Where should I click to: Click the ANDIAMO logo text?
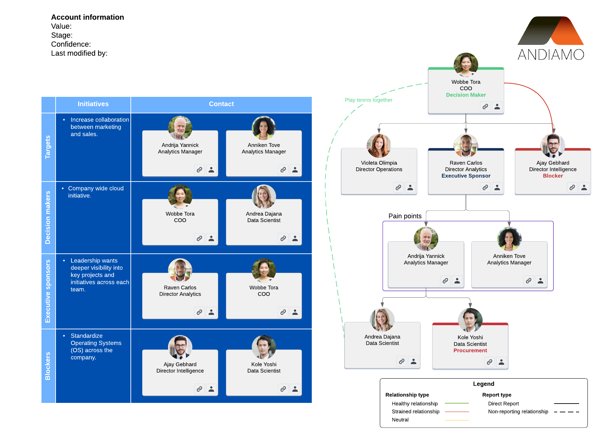551,55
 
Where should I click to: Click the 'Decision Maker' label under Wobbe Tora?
466,95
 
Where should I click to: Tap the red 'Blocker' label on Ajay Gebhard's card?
553,176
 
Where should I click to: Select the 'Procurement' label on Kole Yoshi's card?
470,351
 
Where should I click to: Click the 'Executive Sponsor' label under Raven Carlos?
466,176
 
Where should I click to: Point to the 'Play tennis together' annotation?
368,100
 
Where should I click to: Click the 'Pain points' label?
405,216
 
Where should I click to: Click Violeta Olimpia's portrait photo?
379,146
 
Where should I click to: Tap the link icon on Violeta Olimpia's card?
398,188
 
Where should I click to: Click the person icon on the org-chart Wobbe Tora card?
497,107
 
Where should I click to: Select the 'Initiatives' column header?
93,104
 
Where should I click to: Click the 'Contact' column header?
221,104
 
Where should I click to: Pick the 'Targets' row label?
48,147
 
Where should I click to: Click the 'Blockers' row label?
48,366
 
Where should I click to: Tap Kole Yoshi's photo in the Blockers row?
264,347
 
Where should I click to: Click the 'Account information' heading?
88,17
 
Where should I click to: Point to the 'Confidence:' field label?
71,45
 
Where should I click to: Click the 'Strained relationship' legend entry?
416,412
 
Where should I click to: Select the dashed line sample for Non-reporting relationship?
566,412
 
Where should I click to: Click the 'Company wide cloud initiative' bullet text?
96,192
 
